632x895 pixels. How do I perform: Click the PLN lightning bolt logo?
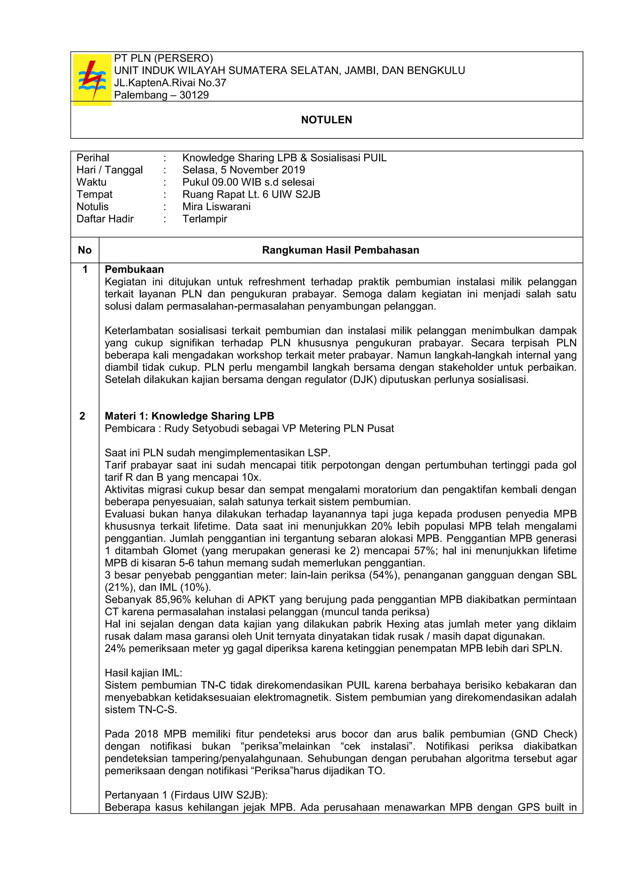click(x=92, y=80)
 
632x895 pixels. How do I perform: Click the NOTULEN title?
click(x=326, y=120)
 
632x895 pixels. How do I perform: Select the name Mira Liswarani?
click(x=217, y=207)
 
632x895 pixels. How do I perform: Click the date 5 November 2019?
click(x=267, y=170)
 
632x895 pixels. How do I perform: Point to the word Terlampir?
click(x=205, y=219)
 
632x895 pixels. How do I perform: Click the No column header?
click(x=85, y=250)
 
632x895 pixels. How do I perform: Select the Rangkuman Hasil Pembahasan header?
click(x=340, y=250)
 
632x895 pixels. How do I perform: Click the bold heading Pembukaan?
click(x=134, y=269)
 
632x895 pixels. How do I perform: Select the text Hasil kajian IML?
click(x=143, y=673)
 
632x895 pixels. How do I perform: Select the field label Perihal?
click(x=93, y=158)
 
